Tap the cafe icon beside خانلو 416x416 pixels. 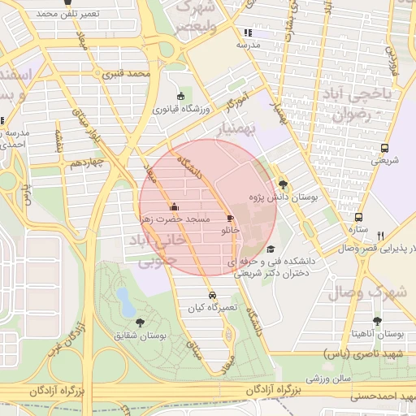tap(230, 219)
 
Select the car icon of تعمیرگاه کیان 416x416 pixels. tap(212, 295)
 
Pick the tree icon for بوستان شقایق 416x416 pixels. tap(142, 323)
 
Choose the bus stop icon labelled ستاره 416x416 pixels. tap(358, 218)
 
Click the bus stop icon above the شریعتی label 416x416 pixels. tap(384, 149)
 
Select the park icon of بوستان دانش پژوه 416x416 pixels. tap(283, 184)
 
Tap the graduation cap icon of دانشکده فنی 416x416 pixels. tap(271, 249)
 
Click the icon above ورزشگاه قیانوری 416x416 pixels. tap(180, 96)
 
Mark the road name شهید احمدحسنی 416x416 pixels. tap(381, 397)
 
